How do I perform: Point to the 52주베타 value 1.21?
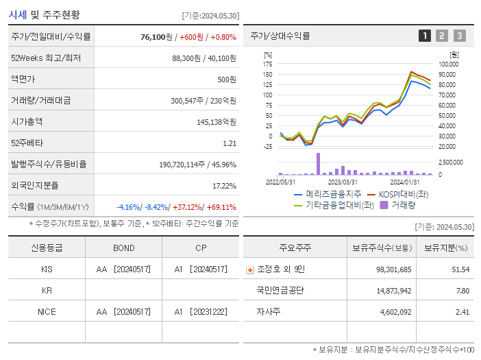[229, 143]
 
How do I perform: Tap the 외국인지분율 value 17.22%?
[224, 185]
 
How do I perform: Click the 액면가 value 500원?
[226, 79]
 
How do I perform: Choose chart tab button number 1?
[425, 36]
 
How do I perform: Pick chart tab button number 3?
[459, 36]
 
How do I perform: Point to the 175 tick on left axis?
[267, 64]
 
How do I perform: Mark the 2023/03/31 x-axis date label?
[343, 182]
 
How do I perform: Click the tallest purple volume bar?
[318, 163]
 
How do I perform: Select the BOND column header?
[124, 248]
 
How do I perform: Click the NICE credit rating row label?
[47, 311]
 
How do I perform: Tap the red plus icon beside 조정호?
[249, 269]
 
